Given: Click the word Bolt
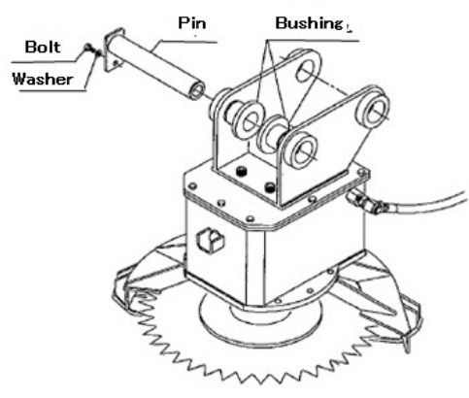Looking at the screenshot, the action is [43, 47].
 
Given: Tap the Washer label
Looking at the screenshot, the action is [43, 79].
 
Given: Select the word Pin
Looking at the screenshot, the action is [192, 23].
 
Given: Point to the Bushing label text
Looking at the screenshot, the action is [309, 23].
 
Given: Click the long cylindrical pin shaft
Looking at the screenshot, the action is [155, 66].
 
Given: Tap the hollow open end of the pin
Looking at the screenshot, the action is [197, 89].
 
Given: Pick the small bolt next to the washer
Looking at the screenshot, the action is [88, 49].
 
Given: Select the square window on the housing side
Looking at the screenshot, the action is [211, 239].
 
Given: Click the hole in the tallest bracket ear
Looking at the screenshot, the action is [305, 71].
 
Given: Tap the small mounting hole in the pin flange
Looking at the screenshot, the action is [116, 63].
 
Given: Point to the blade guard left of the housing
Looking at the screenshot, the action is [149, 275].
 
